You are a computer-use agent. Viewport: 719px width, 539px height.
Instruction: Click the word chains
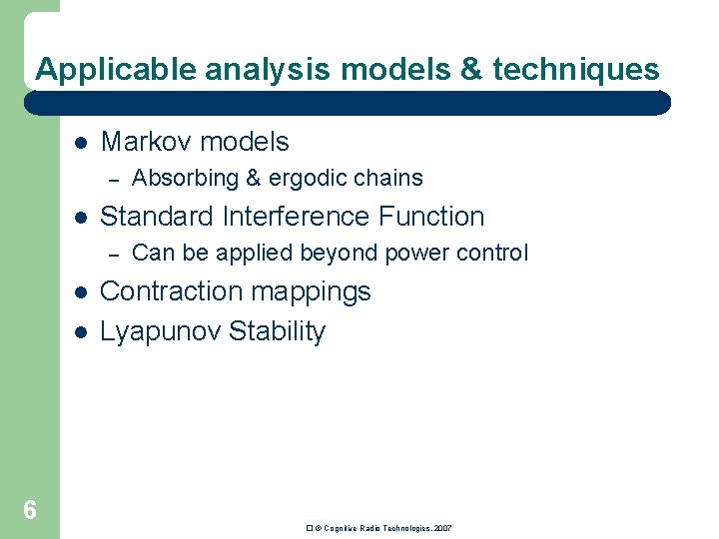(x=389, y=179)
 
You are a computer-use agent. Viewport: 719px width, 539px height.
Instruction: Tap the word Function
(x=429, y=217)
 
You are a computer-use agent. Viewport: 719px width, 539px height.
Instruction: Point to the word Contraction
(x=173, y=291)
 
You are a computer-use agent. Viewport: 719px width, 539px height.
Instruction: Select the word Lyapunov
(x=160, y=331)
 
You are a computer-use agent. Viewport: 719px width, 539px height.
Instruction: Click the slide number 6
(x=30, y=511)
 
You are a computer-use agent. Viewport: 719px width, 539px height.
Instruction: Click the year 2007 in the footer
(x=442, y=527)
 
